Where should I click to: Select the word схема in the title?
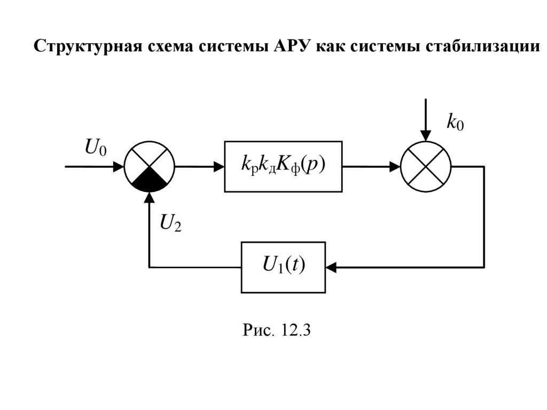[x=167, y=46]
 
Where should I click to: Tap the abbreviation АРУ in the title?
[x=291, y=46]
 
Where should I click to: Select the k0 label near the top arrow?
[x=455, y=123]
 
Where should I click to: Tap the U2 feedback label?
[x=170, y=222]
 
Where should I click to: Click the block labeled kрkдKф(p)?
[x=283, y=166]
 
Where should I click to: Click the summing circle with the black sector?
[x=150, y=166]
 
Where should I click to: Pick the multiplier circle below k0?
[x=426, y=166]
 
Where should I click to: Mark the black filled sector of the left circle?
[x=150, y=182]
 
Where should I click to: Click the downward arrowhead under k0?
[x=426, y=135]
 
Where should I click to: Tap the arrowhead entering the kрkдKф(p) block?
[x=218, y=166]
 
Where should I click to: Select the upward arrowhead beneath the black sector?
[x=150, y=198]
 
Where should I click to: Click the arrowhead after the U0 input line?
[x=119, y=166]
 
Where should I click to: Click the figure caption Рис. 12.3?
[x=277, y=330]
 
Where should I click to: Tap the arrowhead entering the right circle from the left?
[x=395, y=166]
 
